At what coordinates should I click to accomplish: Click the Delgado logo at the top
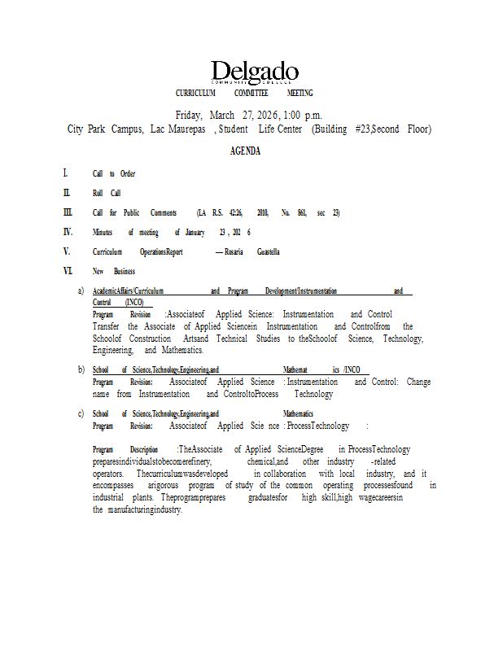click(x=255, y=72)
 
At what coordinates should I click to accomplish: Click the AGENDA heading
click(x=245, y=151)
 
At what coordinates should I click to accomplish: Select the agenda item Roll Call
click(x=107, y=193)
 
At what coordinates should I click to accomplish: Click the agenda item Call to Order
click(x=114, y=173)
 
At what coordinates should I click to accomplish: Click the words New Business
click(x=114, y=271)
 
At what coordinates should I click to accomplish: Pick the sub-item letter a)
click(x=81, y=291)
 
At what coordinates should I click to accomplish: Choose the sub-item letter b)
click(x=81, y=369)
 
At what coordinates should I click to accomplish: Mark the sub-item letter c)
click(x=81, y=413)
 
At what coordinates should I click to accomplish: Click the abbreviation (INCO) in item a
click(x=129, y=302)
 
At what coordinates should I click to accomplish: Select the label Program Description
click(x=125, y=449)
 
